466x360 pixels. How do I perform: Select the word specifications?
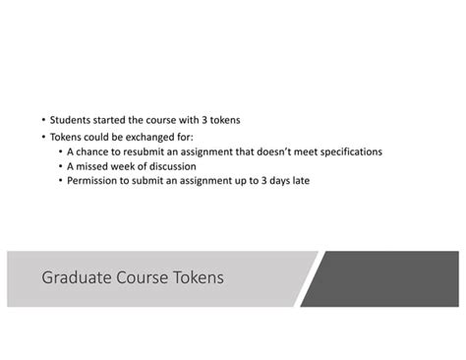(345, 151)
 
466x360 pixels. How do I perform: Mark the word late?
(300, 181)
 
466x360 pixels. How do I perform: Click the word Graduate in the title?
(77, 278)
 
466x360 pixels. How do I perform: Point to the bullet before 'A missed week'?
(60, 167)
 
